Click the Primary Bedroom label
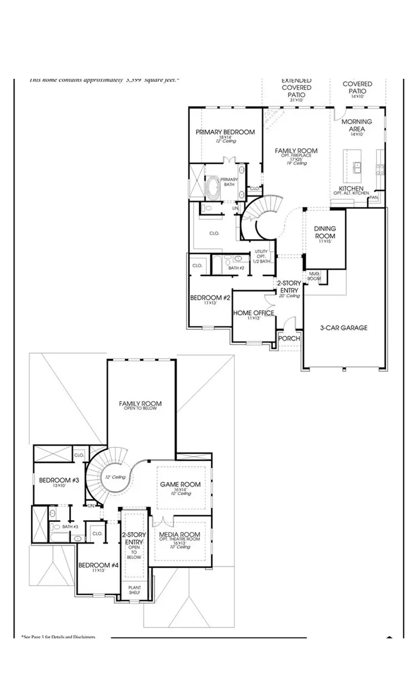225,132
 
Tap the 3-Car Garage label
344,328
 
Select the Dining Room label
325,232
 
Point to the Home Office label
254,313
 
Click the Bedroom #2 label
210,297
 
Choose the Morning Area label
357,125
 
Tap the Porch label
289,338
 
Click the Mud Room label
313,276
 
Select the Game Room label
180,484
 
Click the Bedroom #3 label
59,480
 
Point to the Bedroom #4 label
98,565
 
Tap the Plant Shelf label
134,590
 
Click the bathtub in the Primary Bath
213,188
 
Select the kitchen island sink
358,166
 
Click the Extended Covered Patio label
296,88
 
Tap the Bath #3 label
70,527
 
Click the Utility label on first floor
261,252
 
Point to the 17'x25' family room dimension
296,160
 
